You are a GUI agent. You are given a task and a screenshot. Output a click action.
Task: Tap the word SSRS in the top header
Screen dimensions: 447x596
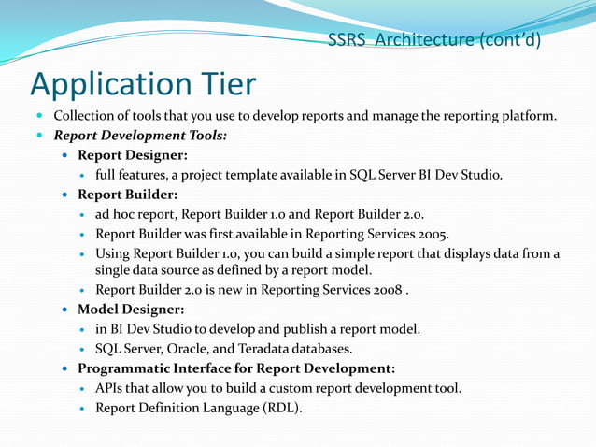[347, 40]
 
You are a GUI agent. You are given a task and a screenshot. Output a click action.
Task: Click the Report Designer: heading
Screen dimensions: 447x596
[133, 154]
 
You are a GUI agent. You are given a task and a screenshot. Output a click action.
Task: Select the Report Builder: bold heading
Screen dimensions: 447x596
[127, 195]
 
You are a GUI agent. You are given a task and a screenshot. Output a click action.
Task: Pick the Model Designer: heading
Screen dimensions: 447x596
[131, 309]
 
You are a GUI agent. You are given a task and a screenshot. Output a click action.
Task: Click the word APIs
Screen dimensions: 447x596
[110, 387]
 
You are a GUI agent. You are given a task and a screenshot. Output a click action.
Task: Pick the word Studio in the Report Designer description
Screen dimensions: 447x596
[481, 174]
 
